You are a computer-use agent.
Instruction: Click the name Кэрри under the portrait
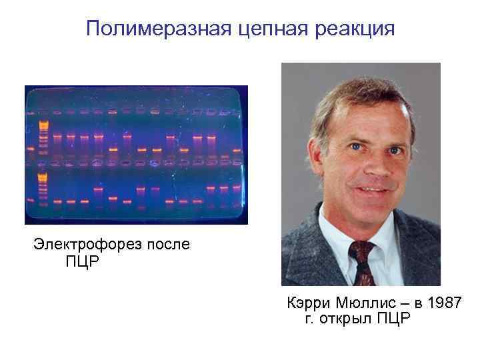tap(309, 303)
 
